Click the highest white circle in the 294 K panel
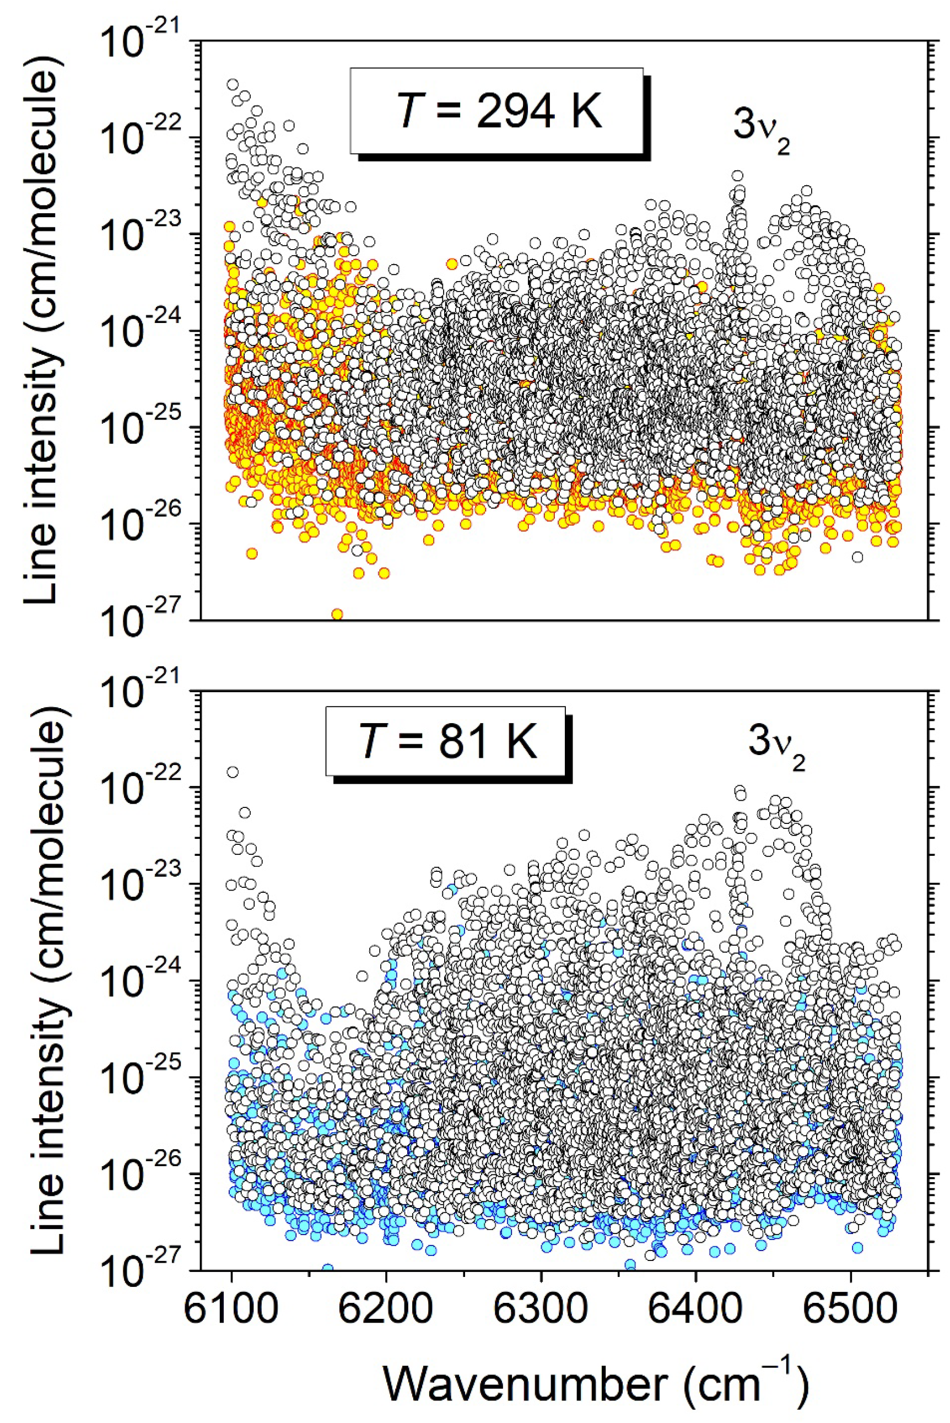coord(233,84)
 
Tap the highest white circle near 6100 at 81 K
coord(233,772)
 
